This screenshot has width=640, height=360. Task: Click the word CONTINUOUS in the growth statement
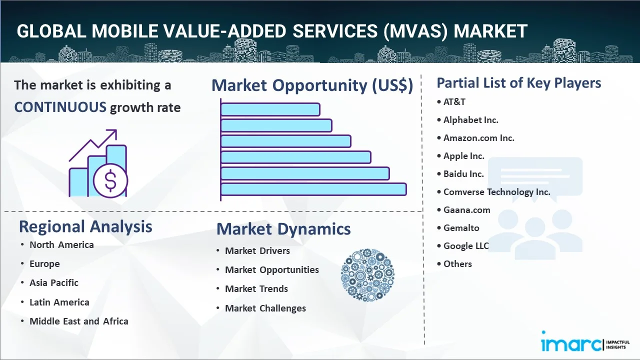[x=60, y=107]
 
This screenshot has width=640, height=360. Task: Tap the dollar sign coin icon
[x=110, y=181]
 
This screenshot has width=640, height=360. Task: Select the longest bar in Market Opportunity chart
[x=313, y=189]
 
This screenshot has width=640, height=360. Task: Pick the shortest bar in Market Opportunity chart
[x=270, y=109]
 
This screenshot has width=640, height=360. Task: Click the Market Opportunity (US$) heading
[x=312, y=85]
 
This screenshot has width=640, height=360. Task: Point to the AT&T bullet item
[x=454, y=101]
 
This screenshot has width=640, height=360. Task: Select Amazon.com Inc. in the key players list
[x=478, y=137]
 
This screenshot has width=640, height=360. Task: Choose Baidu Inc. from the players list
[x=463, y=173]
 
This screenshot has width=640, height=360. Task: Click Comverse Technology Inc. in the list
[x=496, y=191]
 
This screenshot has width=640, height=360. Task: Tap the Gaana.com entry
[x=466, y=209]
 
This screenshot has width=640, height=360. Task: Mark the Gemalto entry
[x=461, y=227]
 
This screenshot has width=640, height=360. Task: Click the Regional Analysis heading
[x=85, y=226]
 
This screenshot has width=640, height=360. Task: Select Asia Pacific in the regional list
[x=54, y=282]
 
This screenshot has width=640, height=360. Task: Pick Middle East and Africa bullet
[x=78, y=321]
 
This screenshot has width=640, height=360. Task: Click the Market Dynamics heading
[x=283, y=229]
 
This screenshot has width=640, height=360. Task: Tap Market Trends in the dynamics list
[x=256, y=288]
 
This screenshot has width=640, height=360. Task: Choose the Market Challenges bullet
[x=265, y=308]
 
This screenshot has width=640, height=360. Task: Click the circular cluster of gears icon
[x=367, y=275]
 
